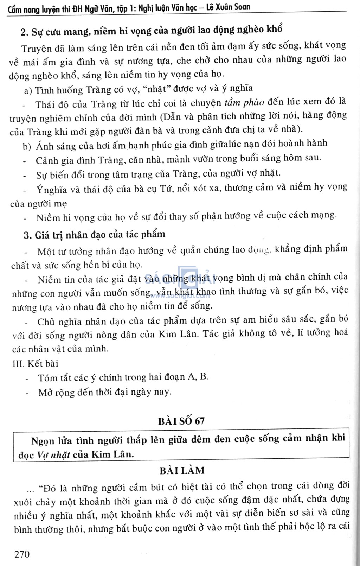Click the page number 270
pos(22,554)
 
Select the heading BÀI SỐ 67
pos(181,421)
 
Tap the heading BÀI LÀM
pos(182,471)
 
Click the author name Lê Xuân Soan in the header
pos(228,7)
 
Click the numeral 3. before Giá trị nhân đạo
pos(27,235)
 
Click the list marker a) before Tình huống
pos(28,91)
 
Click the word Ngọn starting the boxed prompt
pos(43,441)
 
